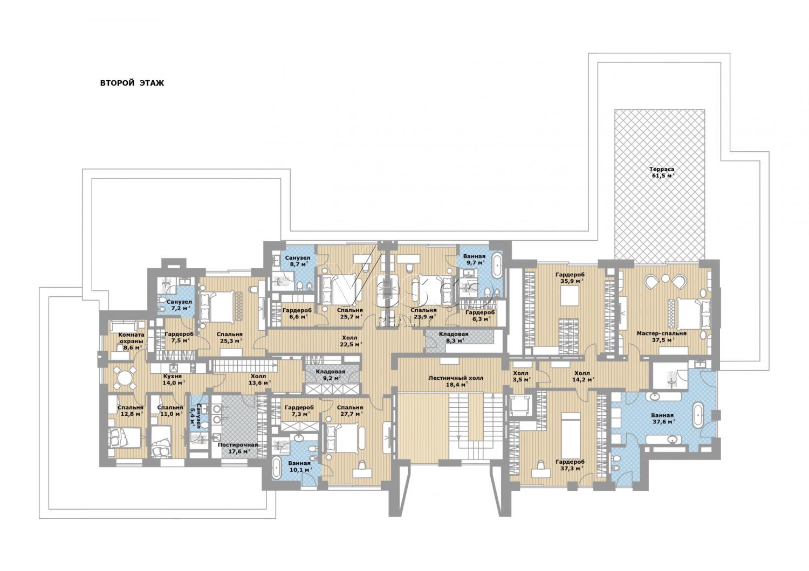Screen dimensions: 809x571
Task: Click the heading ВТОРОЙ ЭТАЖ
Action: (132, 83)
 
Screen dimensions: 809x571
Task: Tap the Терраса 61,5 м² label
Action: (662, 172)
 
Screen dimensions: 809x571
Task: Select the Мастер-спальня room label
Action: (661, 333)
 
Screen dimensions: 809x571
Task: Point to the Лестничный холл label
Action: (456, 378)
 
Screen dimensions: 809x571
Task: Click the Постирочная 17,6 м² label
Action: (238, 448)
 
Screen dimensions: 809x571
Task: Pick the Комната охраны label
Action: (131, 338)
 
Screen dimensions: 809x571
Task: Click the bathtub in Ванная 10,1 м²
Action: (277, 469)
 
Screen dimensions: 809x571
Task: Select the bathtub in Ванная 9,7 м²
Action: (497, 266)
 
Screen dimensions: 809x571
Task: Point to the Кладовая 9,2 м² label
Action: (331, 375)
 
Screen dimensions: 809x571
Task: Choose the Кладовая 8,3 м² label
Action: (454, 337)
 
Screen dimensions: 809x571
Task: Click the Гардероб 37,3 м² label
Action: (570, 465)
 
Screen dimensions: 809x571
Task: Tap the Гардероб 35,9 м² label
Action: (570, 277)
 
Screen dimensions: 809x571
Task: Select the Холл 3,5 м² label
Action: (520, 376)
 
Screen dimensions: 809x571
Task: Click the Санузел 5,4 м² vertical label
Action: (196, 415)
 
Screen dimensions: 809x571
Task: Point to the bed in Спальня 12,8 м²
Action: (125, 437)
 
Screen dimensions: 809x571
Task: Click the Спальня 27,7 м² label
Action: (349, 410)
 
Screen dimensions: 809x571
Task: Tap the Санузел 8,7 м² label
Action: (297, 261)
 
